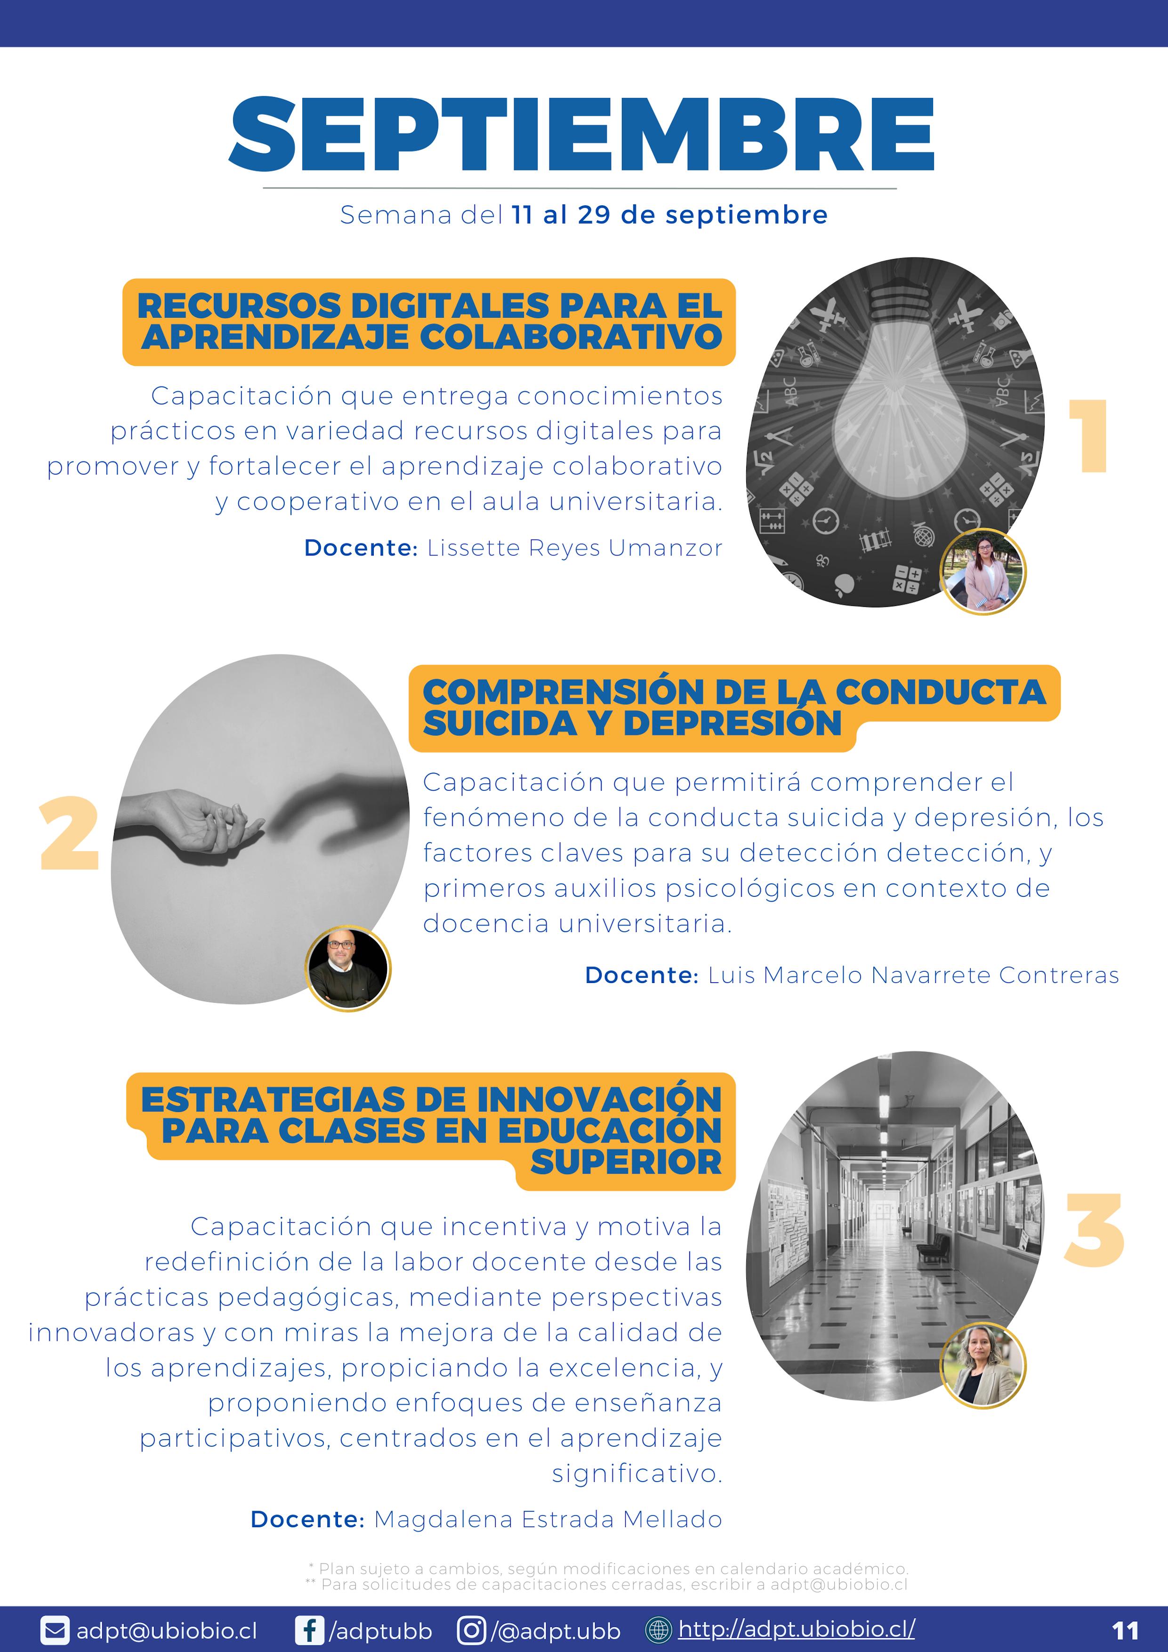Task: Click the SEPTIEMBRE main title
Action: pyautogui.click(x=581, y=135)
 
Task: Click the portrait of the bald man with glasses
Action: pyautogui.click(x=348, y=968)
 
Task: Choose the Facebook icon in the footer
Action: pyautogui.click(x=309, y=1630)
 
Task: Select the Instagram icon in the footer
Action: pyautogui.click(x=471, y=1630)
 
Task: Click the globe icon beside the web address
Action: pyautogui.click(x=658, y=1630)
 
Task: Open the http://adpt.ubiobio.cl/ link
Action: pyautogui.click(x=797, y=1629)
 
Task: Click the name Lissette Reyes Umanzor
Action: pyautogui.click(x=574, y=548)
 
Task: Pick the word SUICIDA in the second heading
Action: pyautogui.click(x=500, y=723)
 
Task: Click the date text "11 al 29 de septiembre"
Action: pyautogui.click(x=669, y=214)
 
